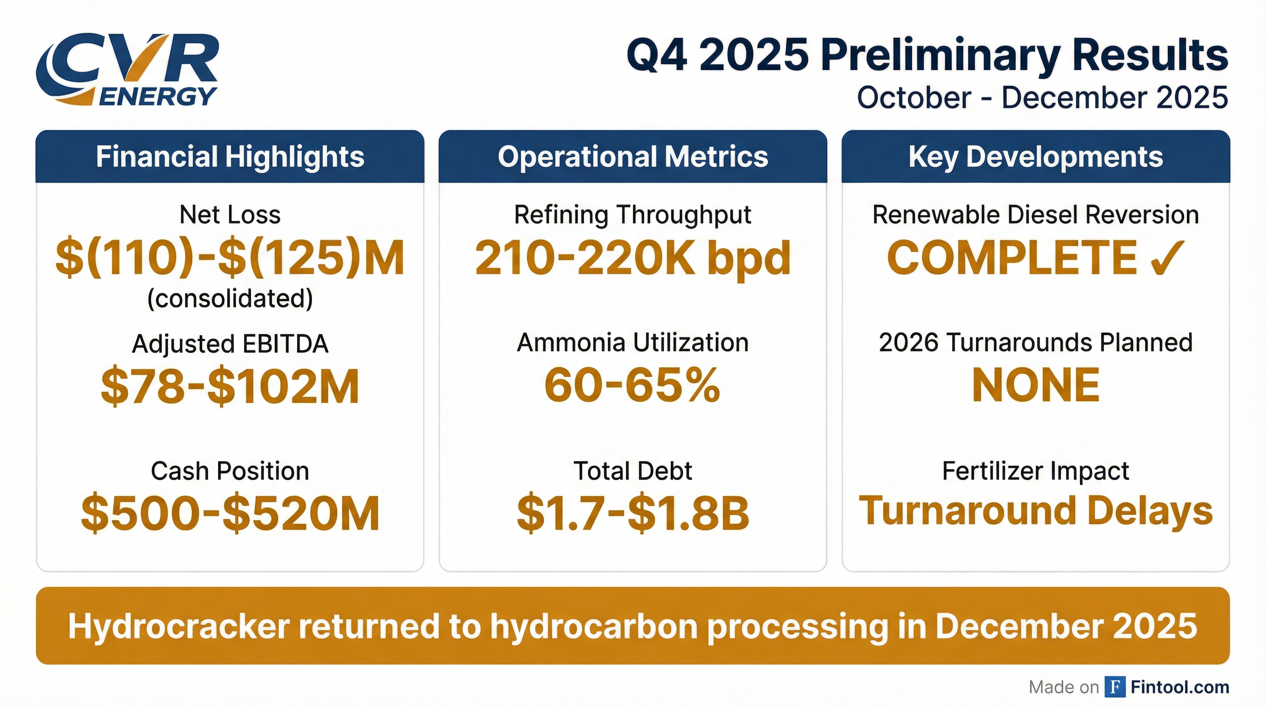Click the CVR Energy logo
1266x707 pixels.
tap(127, 70)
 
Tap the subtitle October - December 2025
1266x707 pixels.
tap(1042, 97)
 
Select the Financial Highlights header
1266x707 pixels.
tap(230, 157)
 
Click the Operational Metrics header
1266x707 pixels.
tap(633, 157)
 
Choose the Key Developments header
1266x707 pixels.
tap(1036, 157)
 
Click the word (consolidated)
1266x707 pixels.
tap(230, 298)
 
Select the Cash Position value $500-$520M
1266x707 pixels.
tap(230, 513)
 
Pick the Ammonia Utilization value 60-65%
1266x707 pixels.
tap(633, 385)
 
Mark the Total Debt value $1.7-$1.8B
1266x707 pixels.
tap(633, 513)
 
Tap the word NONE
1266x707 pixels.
tap(1036, 385)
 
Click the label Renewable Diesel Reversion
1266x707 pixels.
tap(1036, 215)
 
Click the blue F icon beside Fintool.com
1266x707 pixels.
tap(1115, 687)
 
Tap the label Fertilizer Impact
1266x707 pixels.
tap(1036, 471)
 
